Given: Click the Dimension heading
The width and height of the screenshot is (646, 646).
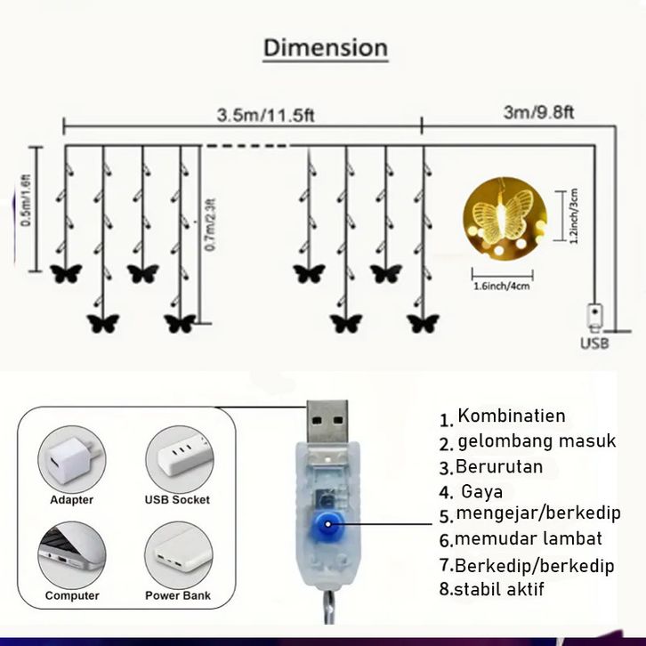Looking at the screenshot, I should coord(325,47).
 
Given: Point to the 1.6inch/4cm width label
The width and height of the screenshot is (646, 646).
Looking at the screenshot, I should coord(502,287).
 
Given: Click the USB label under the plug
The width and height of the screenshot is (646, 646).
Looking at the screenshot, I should coord(594,343).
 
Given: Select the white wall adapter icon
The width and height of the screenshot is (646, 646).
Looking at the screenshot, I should coord(70,457).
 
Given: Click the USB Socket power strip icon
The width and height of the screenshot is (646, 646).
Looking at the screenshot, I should coord(177,457).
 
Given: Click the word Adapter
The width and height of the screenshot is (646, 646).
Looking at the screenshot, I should coord(71,500).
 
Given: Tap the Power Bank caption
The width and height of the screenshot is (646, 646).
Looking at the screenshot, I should coord(178,595).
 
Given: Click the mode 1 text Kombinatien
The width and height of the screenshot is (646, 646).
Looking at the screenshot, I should coord(511,416).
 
